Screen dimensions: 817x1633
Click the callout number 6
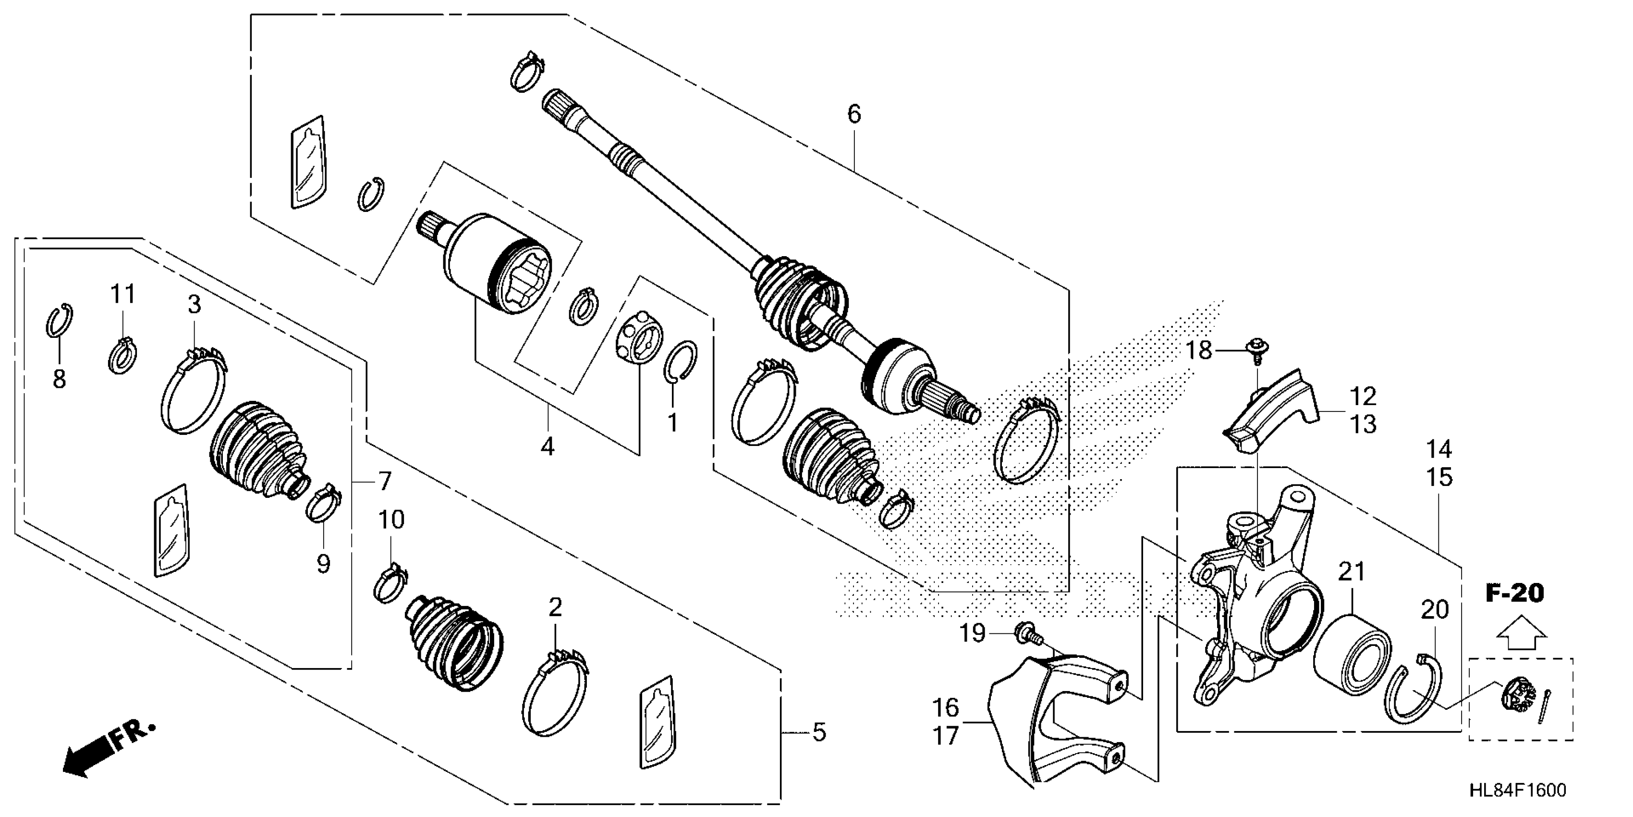click(x=854, y=115)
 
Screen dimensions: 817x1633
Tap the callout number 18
click(x=1199, y=350)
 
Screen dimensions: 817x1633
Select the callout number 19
click(x=972, y=633)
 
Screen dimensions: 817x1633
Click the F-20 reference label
click(x=1514, y=594)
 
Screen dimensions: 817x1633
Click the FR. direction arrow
click(x=108, y=753)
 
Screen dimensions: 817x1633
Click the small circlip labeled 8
click(x=60, y=321)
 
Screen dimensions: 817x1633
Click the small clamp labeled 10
click(x=390, y=583)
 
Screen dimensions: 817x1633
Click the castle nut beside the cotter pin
click(x=1517, y=702)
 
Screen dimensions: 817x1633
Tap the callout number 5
click(x=819, y=732)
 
